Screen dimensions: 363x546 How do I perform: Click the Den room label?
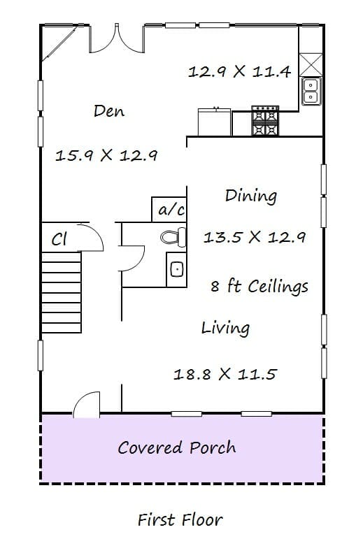(109, 110)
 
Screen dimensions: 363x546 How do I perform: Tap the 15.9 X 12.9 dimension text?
(106, 155)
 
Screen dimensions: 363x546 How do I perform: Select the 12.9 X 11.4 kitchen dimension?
(239, 72)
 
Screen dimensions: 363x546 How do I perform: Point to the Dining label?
(251, 195)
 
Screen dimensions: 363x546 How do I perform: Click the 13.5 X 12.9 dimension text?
(255, 237)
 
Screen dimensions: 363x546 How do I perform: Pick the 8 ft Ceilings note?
(259, 286)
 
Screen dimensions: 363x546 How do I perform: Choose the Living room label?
(225, 328)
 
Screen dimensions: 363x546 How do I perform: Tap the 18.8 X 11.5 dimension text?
(225, 374)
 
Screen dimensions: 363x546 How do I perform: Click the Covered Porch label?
(177, 447)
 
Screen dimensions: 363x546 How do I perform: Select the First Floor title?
(180, 520)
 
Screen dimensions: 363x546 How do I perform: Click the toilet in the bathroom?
(173, 237)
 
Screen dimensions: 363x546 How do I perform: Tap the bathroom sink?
(177, 270)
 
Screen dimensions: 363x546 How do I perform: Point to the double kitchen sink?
(311, 91)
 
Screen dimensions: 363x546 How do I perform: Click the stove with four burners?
(266, 120)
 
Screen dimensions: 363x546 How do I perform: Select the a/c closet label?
(171, 210)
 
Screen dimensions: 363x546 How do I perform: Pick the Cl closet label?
(59, 239)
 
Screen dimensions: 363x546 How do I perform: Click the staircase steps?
(62, 292)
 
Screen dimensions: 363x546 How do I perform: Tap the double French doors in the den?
(117, 38)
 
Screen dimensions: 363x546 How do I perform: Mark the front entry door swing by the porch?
(87, 404)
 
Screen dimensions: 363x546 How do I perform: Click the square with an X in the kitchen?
(311, 64)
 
